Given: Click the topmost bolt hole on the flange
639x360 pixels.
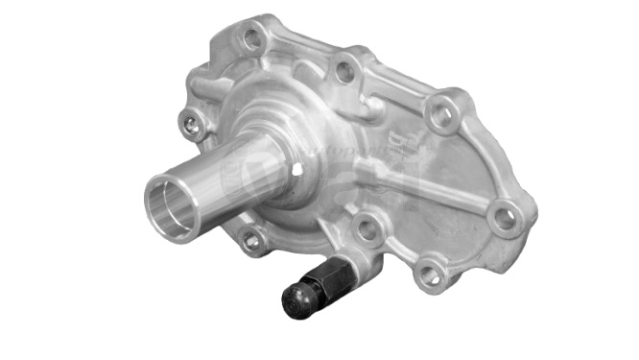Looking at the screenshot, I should pos(250,40).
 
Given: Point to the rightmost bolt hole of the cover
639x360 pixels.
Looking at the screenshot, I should pos(502,219).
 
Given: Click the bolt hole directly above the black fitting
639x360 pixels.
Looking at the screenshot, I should pos(366,228).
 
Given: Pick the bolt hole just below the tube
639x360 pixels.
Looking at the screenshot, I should pos(251,241).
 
